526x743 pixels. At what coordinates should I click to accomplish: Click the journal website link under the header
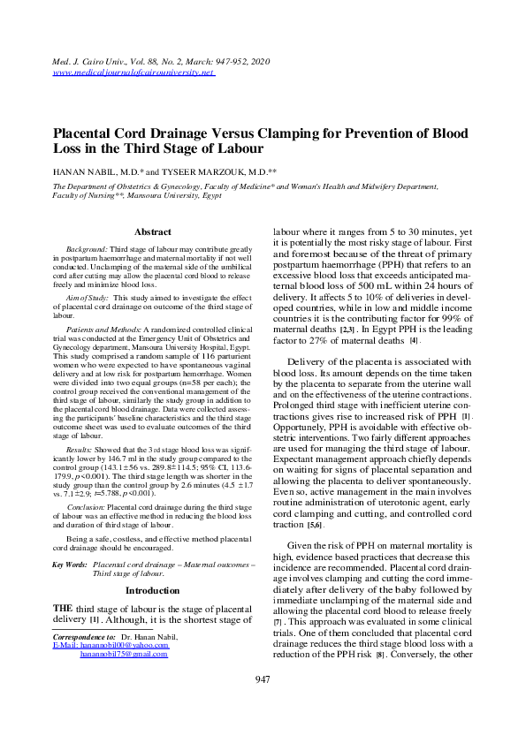[x=134, y=72]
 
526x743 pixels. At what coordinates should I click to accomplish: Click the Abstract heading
[x=152, y=231]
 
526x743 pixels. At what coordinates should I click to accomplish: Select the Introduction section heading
[x=152, y=589]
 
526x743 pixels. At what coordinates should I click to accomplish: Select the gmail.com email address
[x=124, y=654]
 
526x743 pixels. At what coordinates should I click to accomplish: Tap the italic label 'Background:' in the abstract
[x=87, y=251]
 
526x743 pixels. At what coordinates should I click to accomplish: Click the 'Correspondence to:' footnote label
[x=84, y=636]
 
